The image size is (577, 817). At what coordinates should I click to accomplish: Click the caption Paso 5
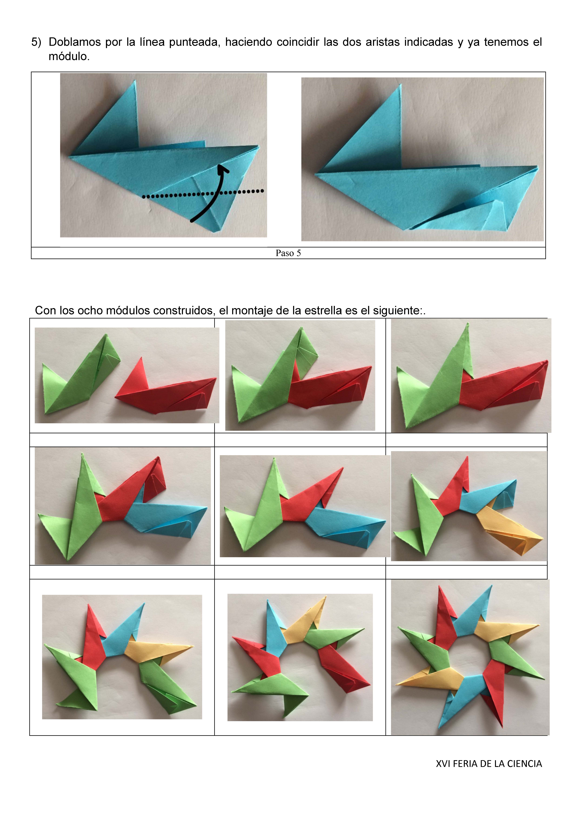(288, 253)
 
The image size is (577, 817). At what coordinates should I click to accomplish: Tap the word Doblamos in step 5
(75, 42)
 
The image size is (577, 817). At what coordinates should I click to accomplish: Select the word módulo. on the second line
(69, 56)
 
